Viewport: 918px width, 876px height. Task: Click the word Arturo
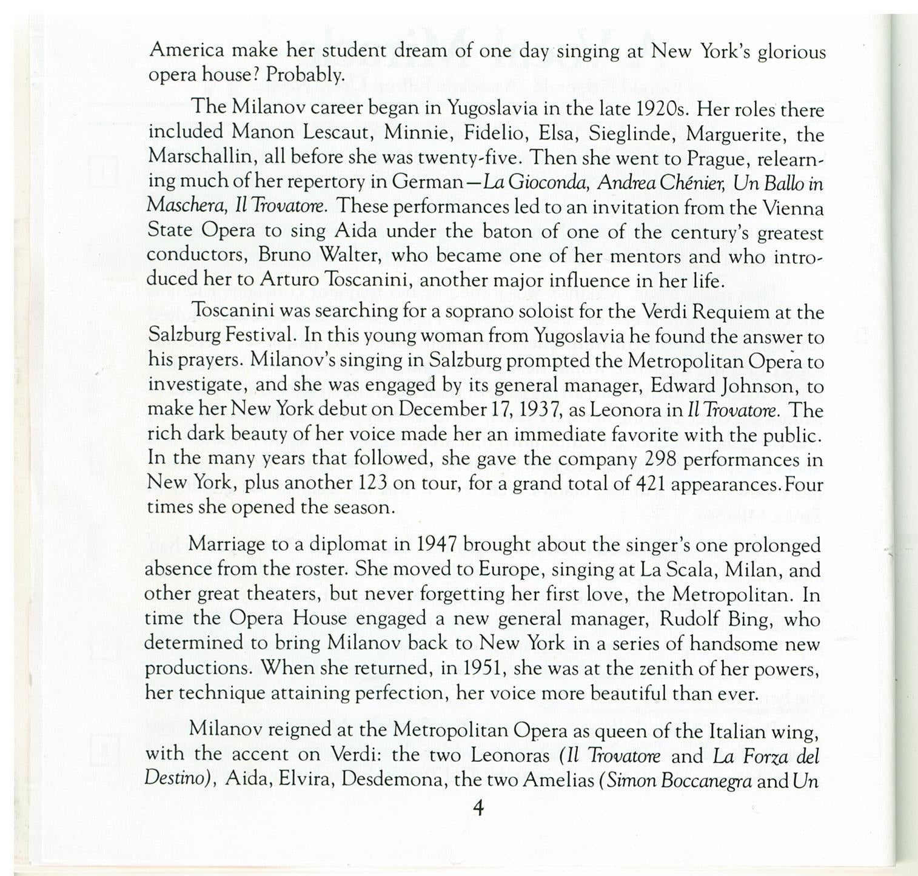point(290,281)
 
